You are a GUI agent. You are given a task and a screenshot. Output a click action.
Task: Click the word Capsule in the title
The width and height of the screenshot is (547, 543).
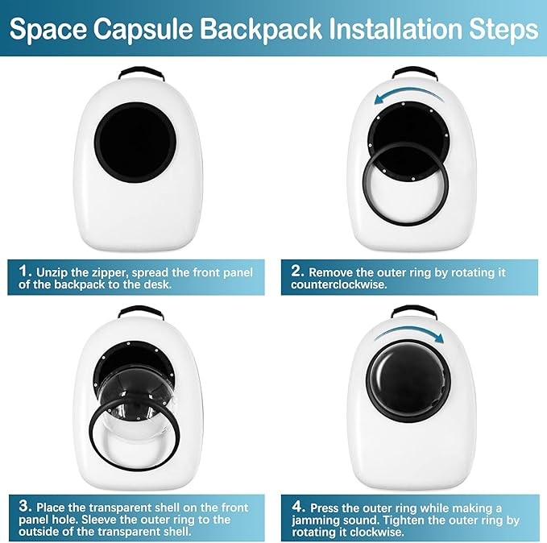(143, 30)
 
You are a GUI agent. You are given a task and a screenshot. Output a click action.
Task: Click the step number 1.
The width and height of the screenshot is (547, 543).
(24, 271)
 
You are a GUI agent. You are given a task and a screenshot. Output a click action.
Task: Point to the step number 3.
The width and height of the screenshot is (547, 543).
(25, 506)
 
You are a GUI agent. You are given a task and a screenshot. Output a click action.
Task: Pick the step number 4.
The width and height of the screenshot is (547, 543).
(298, 507)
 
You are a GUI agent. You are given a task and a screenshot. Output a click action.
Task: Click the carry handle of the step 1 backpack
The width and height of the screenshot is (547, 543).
(141, 71)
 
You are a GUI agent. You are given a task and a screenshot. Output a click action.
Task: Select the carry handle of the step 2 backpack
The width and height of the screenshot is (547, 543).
(414, 71)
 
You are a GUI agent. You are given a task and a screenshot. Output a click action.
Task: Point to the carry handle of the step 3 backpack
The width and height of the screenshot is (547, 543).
(141, 310)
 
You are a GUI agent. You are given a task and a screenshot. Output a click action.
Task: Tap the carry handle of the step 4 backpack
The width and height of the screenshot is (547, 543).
(414, 310)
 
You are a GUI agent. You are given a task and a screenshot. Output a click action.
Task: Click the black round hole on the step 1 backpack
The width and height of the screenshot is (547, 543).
(135, 142)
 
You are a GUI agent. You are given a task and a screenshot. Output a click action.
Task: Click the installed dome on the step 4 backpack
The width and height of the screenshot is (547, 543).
(408, 381)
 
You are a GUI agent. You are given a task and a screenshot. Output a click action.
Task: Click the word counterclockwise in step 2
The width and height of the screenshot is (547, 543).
(339, 284)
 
